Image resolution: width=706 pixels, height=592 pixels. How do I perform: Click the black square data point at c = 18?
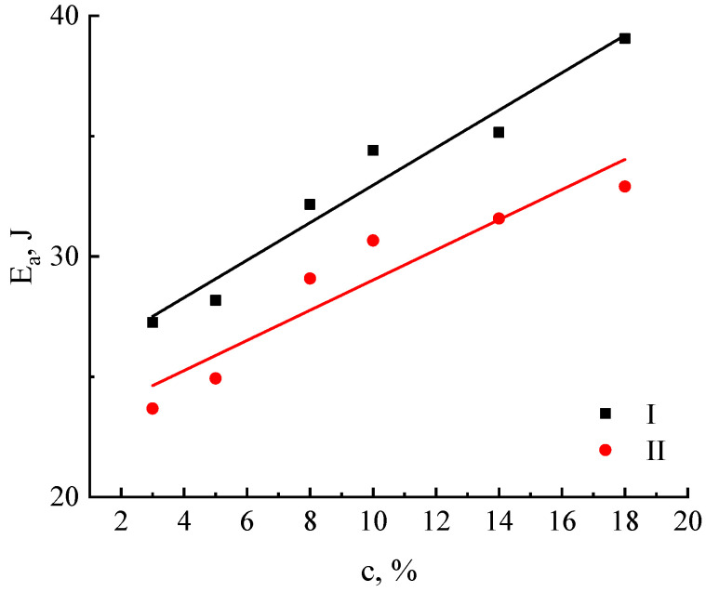tap(624, 38)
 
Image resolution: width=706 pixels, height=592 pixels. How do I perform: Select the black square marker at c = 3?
tap(153, 322)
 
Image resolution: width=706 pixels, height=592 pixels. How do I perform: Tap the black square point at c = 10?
tap(373, 150)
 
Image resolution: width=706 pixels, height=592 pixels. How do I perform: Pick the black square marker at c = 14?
tap(499, 132)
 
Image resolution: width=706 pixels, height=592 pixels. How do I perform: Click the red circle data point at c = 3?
tap(153, 408)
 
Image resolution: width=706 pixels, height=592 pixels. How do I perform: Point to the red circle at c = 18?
tap(624, 186)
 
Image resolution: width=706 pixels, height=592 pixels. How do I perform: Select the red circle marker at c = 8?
tap(310, 278)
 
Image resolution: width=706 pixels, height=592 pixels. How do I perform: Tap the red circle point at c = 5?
tap(216, 378)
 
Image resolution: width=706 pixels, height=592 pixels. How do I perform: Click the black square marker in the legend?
tap(606, 414)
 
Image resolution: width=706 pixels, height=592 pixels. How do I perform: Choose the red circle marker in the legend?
tap(606, 450)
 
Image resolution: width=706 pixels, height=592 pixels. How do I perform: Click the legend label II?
tap(652, 451)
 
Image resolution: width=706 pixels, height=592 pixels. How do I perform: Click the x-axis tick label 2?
tap(121, 520)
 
